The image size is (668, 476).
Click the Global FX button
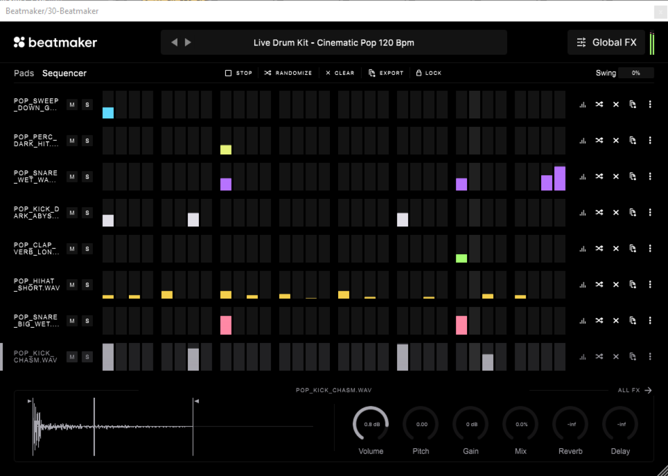coord(606,42)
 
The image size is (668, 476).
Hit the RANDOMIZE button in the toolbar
coord(288,73)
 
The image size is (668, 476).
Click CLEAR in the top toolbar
coord(340,73)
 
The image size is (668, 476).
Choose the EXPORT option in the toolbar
coord(386,73)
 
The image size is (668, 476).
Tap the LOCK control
coord(429,73)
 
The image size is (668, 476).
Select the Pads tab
coord(24,73)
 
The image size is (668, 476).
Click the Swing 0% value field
coord(636,73)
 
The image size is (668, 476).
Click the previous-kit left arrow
coord(174,42)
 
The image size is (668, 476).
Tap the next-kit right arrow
coord(188,42)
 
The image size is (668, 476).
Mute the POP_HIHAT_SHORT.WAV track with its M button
coord(72,285)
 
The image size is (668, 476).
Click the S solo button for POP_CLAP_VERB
coord(87,249)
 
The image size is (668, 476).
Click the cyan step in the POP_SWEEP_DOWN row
coord(108,113)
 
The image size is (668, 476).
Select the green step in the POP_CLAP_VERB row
coord(461,258)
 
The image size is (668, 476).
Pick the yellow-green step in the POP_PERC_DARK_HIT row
coord(226,150)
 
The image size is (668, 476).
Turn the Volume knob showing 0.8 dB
coord(371,424)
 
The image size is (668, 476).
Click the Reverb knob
coord(570,424)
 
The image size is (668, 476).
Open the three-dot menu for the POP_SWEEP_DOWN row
coord(650,104)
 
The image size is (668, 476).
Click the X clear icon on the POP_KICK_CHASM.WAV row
coord(616,356)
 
